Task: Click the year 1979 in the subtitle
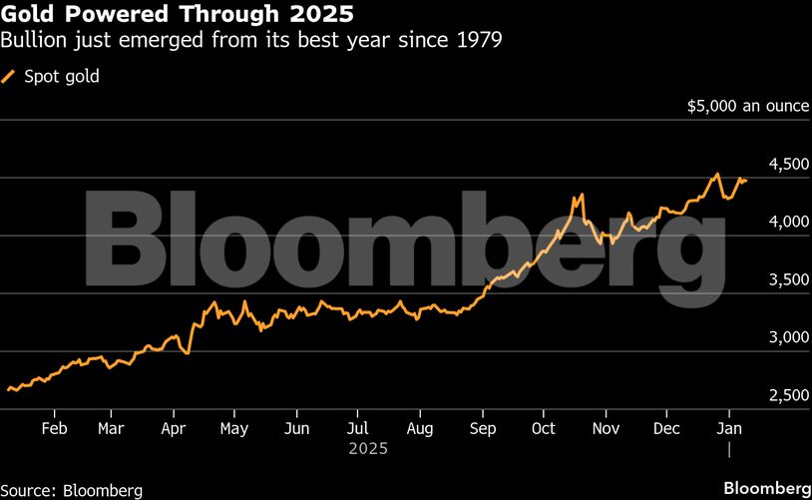(x=479, y=42)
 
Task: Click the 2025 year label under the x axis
(x=367, y=449)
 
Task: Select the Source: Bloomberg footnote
(x=73, y=490)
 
